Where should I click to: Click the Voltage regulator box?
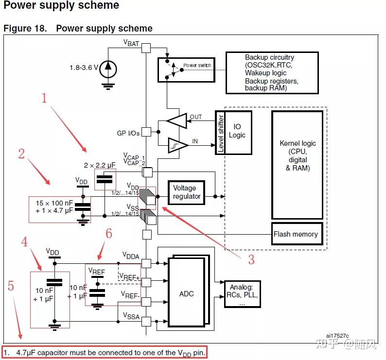pos(186,193)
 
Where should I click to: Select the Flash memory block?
pos(297,234)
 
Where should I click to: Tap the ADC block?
pos(186,292)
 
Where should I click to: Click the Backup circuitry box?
pos(272,73)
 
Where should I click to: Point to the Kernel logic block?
pos(298,165)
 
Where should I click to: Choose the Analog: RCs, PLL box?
pos(243,294)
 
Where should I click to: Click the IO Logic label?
pos(237,131)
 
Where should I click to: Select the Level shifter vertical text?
pos(221,133)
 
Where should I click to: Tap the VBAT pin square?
pos(146,48)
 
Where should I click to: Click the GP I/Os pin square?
pos(146,132)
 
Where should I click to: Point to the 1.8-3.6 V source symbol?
pos(108,69)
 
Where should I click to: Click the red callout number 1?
pos(44,98)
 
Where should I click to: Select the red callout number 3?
pos(251,259)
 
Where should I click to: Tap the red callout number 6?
pos(109,233)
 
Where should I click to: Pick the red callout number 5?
pos(11,286)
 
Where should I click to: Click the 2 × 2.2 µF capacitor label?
pos(100,165)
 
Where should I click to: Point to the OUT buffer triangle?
pos(177,120)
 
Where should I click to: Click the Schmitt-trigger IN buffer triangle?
pos(178,145)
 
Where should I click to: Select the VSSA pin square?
pos(146,321)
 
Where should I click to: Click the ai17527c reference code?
pos(337,336)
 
